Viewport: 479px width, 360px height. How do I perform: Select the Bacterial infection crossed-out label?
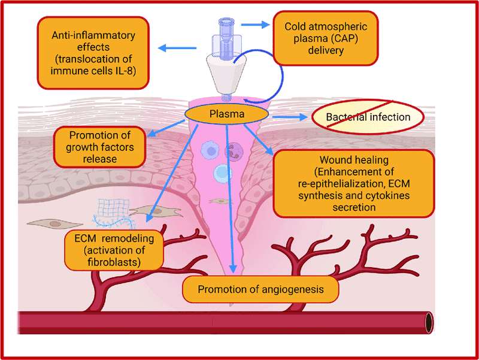[x=368, y=116]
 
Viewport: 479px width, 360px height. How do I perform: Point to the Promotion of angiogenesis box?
[x=260, y=289]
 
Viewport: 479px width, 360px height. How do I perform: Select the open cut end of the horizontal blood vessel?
[x=428, y=322]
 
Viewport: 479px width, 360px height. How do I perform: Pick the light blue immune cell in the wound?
[x=222, y=173]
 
